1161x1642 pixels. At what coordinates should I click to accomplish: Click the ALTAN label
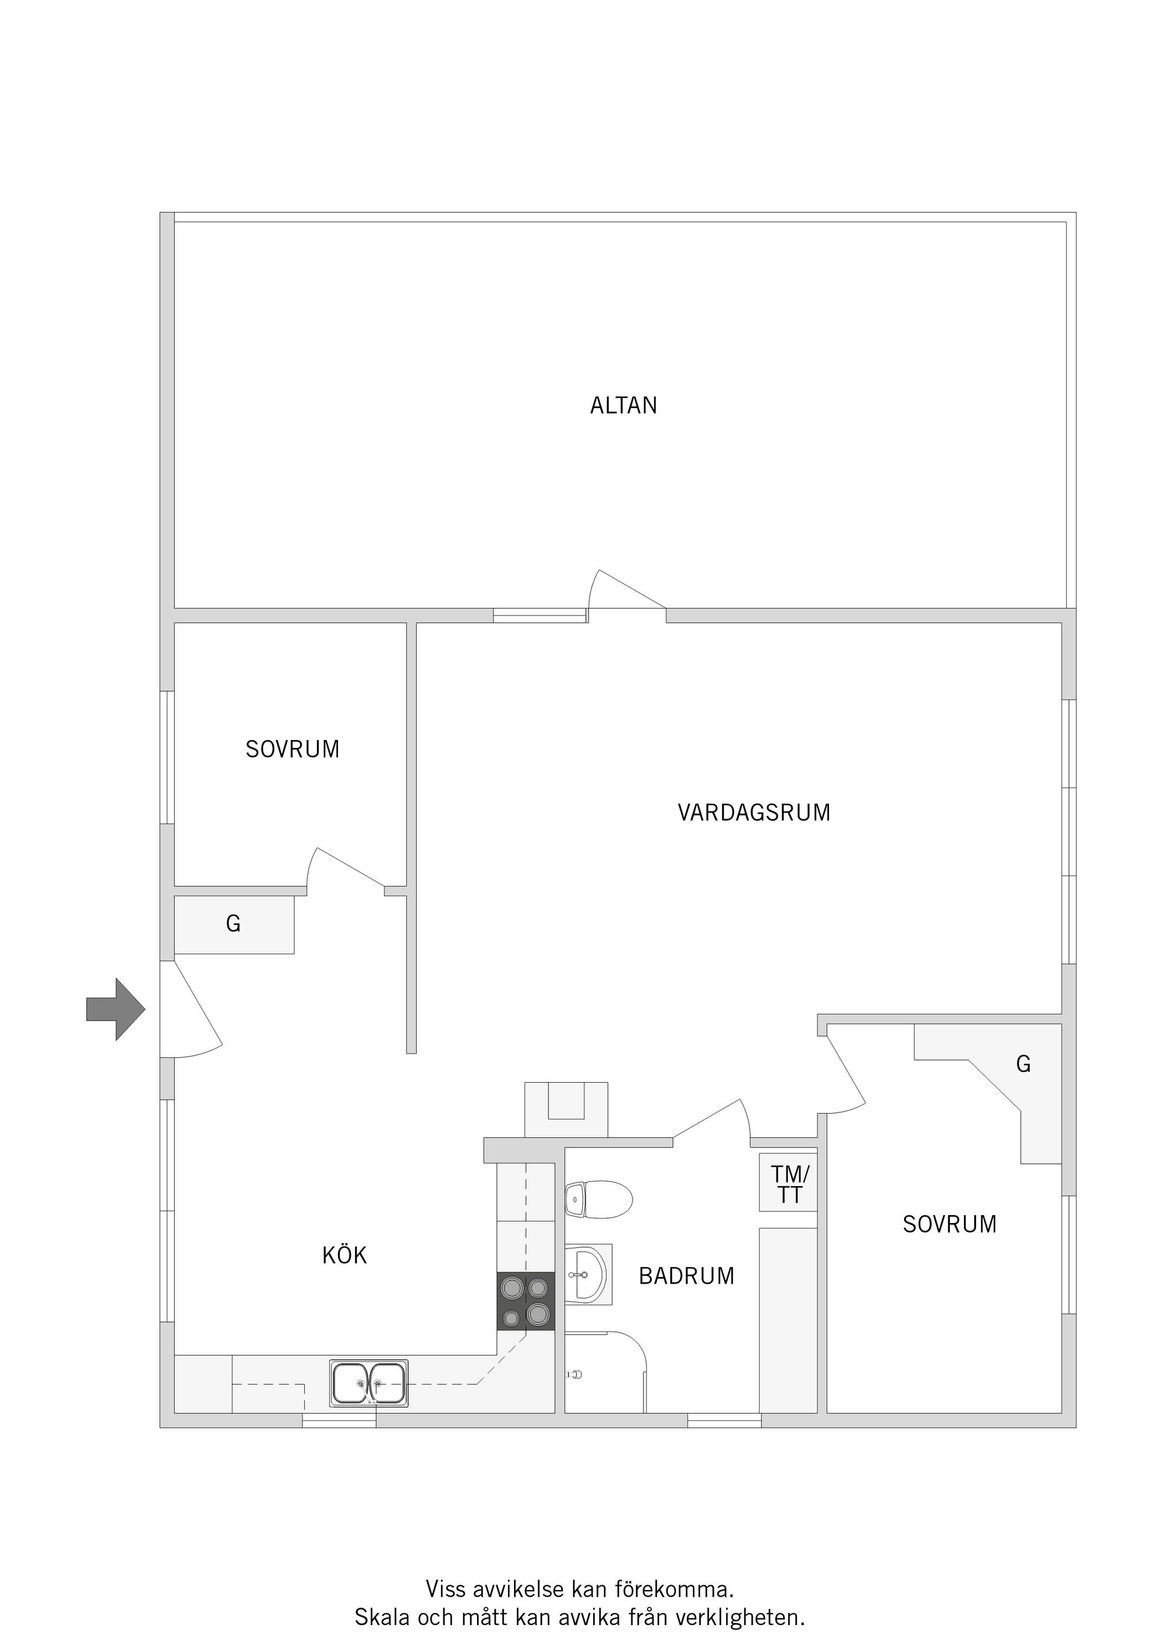tap(623, 406)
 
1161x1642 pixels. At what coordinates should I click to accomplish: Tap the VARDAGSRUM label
tap(753, 813)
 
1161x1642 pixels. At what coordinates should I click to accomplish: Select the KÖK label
tap(344, 1255)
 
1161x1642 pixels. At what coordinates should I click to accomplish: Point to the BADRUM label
tap(686, 1276)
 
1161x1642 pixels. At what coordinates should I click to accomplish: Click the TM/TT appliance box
tap(789, 1184)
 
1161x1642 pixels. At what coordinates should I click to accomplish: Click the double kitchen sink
tap(368, 1383)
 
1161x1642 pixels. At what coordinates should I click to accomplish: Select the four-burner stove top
tap(526, 1301)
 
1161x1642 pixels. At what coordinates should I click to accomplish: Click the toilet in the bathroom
tap(599, 1199)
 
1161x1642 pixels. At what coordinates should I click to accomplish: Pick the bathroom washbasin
tap(587, 1274)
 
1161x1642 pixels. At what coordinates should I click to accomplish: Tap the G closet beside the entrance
tap(234, 924)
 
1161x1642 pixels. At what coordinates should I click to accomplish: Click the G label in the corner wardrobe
tap(1023, 1064)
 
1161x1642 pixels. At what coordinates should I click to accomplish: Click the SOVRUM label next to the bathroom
tap(949, 1224)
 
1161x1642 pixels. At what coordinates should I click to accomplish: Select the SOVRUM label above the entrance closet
tap(292, 749)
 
